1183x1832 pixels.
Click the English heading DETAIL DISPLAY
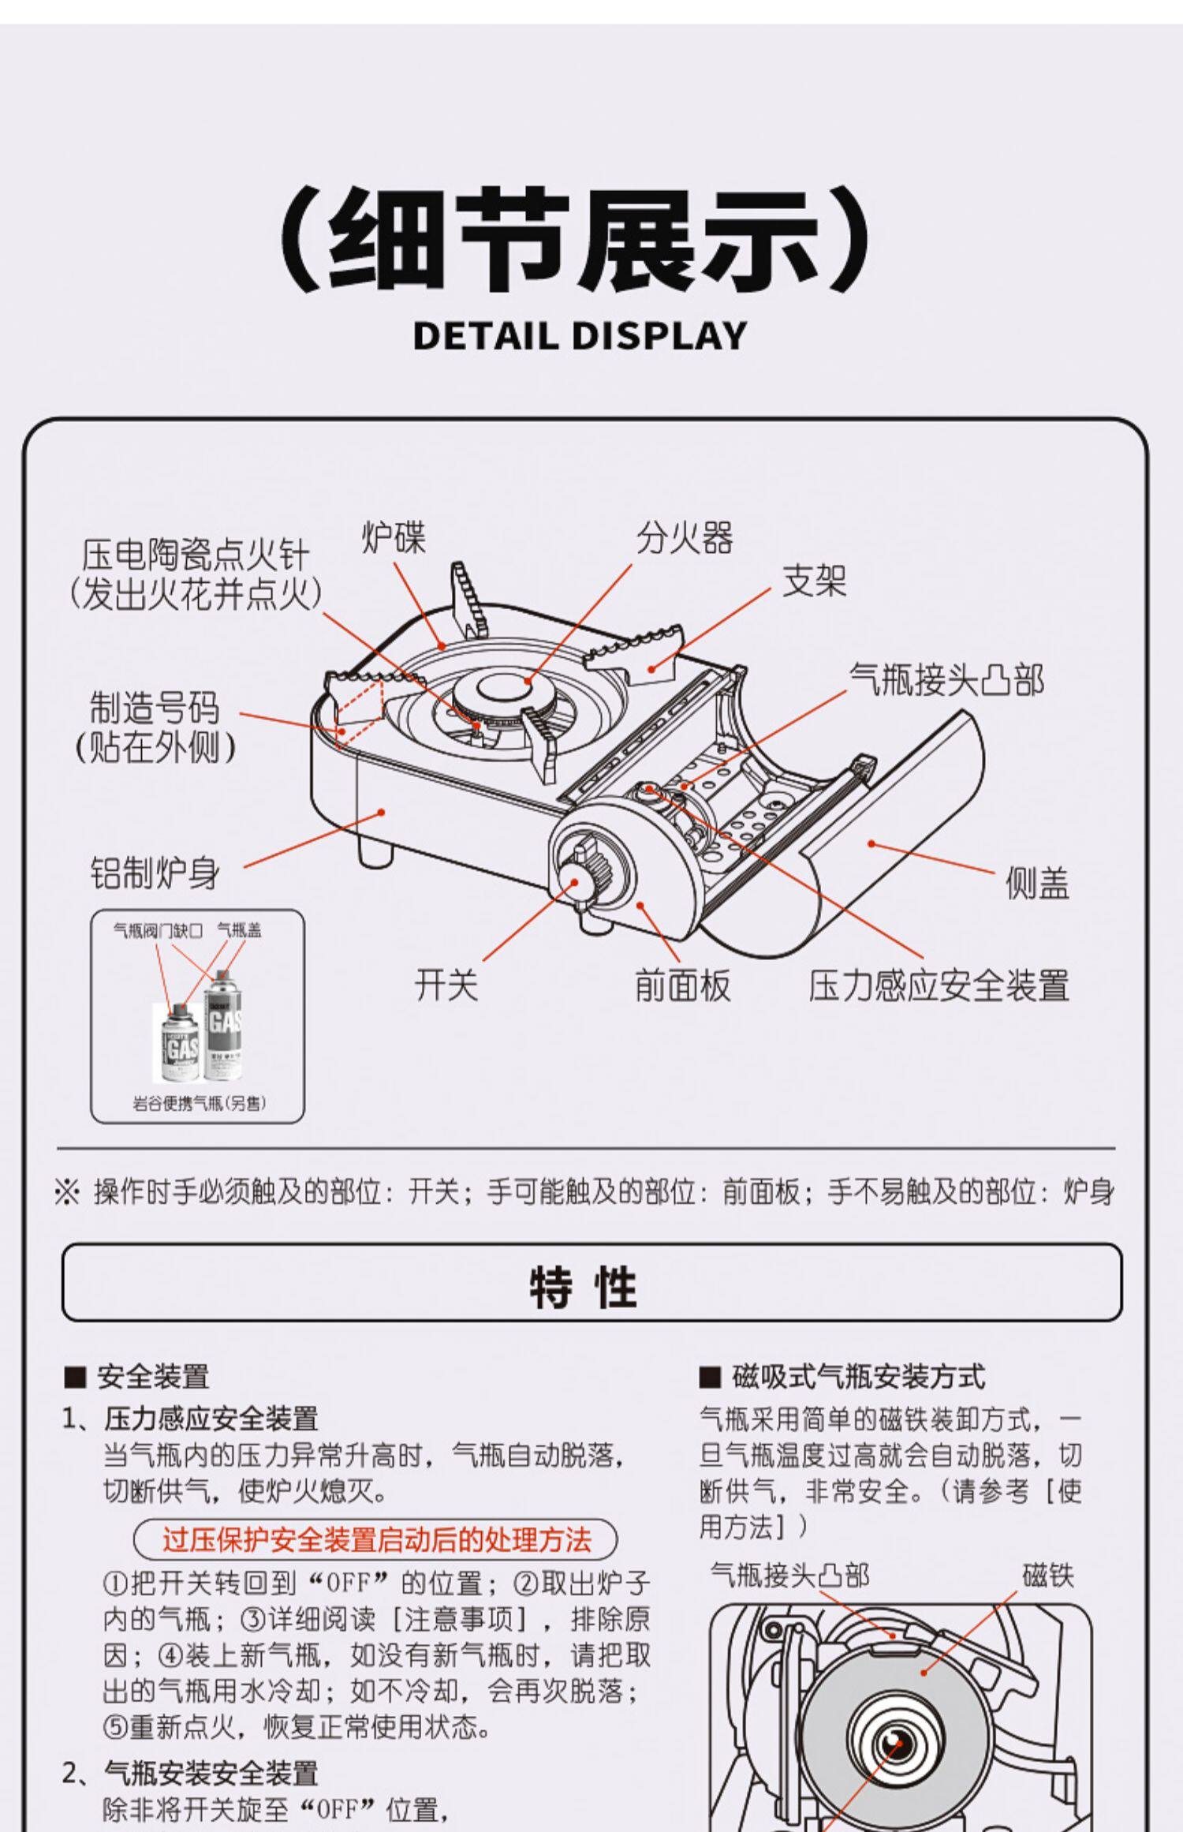[x=580, y=336]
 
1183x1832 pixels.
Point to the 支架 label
[x=814, y=581]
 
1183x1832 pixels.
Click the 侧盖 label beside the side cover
[x=1036, y=883]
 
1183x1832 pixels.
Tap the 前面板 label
[x=683, y=985]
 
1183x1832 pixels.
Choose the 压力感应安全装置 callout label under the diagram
[x=939, y=985]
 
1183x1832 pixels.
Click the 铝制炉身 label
[x=155, y=873]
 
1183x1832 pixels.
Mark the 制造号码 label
[x=155, y=708]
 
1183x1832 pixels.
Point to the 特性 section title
[x=583, y=1288]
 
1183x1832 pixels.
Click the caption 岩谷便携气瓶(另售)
[x=199, y=1102]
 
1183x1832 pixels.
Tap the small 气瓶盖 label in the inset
[x=239, y=931]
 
